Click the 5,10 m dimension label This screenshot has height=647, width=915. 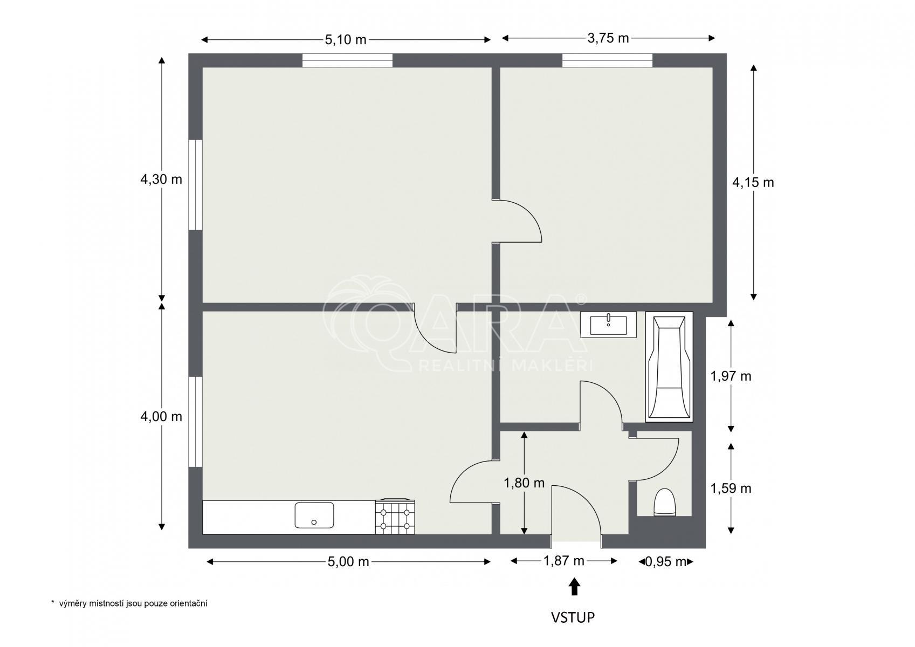click(x=346, y=40)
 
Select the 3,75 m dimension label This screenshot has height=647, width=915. click(x=608, y=38)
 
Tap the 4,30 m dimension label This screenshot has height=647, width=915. click(x=161, y=179)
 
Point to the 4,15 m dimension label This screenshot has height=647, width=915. click(x=753, y=182)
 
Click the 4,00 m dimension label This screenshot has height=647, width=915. click(x=161, y=416)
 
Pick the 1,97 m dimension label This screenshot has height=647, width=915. click(x=731, y=376)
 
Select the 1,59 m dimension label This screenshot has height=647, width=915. click(x=731, y=488)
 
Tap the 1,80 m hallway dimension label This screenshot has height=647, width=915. click(x=524, y=483)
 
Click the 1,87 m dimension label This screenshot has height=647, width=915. click(x=563, y=561)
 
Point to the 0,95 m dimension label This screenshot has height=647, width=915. click(x=665, y=562)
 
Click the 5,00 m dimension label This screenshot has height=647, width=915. click(x=348, y=562)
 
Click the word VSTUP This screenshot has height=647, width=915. click(x=573, y=617)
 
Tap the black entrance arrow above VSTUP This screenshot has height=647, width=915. click(x=574, y=586)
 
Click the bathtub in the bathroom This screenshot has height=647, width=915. click(x=669, y=367)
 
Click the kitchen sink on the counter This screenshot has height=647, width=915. click(x=314, y=515)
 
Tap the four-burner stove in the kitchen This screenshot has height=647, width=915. click(x=395, y=517)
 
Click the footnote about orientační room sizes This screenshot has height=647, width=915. click(x=129, y=603)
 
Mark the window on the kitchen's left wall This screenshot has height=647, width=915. click(x=195, y=422)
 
